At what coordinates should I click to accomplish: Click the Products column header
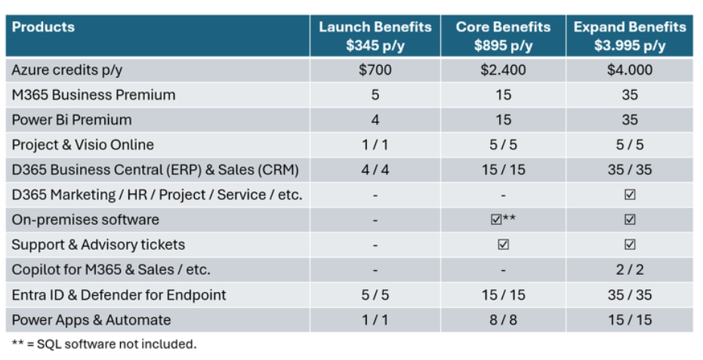pyautogui.click(x=44, y=27)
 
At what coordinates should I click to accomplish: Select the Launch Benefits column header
pyautogui.click(x=375, y=35)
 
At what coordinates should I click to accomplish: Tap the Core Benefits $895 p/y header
pyautogui.click(x=503, y=35)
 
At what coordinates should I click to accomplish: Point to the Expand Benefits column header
pyautogui.click(x=630, y=35)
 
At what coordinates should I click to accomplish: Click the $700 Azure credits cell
pyautogui.click(x=375, y=70)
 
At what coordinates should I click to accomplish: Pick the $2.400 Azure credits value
pyautogui.click(x=503, y=70)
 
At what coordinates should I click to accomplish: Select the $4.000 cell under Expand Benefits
pyautogui.click(x=630, y=70)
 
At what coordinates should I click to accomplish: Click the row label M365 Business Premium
pyautogui.click(x=94, y=95)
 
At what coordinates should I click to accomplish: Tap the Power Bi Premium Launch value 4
pyautogui.click(x=375, y=120)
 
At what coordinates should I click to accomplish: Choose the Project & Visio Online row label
pyautogui.click(x=83, y=145)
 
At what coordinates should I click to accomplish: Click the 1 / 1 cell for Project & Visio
pyautogui.click(x=375, y=145)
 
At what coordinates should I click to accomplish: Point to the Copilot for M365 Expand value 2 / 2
pyautogui.click(x=630, y=269)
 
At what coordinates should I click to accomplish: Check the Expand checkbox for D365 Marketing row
pyautogui.click(x=630, y=195)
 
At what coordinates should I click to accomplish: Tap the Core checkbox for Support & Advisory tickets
pyautogui.click(x=503, y=245)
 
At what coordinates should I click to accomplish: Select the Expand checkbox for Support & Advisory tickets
pyautogui.click(x=630, y=245)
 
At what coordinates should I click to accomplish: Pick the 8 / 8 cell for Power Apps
pyautogui.click(x=503, y=319)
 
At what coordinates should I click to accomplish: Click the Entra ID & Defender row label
pyautogui.click(x=119, y=294)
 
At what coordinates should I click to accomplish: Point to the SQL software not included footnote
pyautogui.click(x=104, y=344)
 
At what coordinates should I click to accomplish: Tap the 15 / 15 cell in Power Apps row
pyautogui.click(x=630, y=319)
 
